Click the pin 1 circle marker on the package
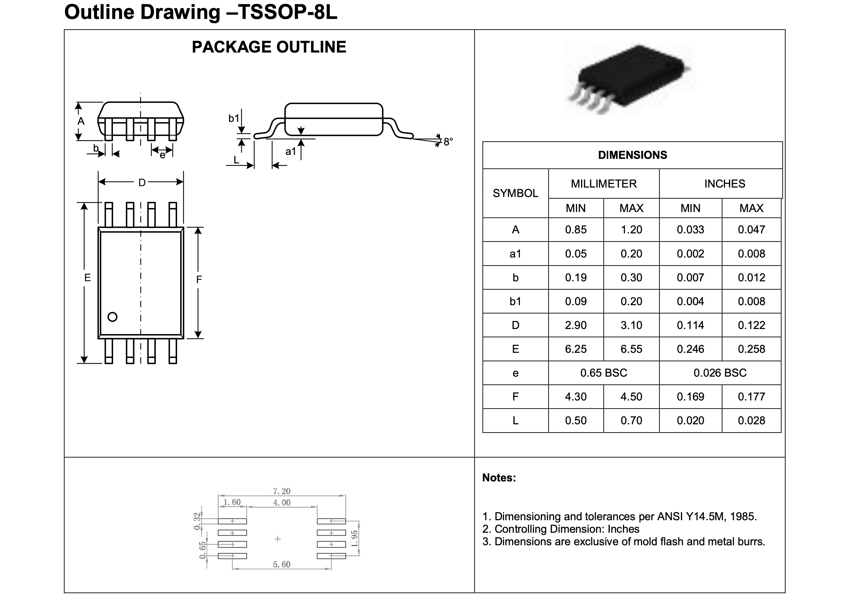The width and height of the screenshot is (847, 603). click(x=112, y=317)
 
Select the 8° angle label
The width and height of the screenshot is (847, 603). click(x=448, y=142)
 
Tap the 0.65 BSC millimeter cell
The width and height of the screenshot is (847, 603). click(x=604, y=373)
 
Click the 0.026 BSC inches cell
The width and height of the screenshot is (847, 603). click(x=720, y=373)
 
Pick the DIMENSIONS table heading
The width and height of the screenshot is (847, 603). click(x=632, y=155)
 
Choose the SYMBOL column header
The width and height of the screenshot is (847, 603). click(x=515, y=193)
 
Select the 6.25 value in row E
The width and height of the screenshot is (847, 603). click(x=576, y=349)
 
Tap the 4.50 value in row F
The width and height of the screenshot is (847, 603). click(x=631, y=397)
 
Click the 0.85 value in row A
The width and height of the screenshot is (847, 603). click(x=576, y=229)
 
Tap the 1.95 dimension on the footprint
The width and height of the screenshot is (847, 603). click(x=354, y=539)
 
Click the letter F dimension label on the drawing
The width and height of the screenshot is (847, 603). click(x=199, y=280)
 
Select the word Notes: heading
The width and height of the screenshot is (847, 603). click(x=499, y=477)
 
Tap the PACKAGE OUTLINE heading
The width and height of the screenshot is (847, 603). click(x=269, y=47)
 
